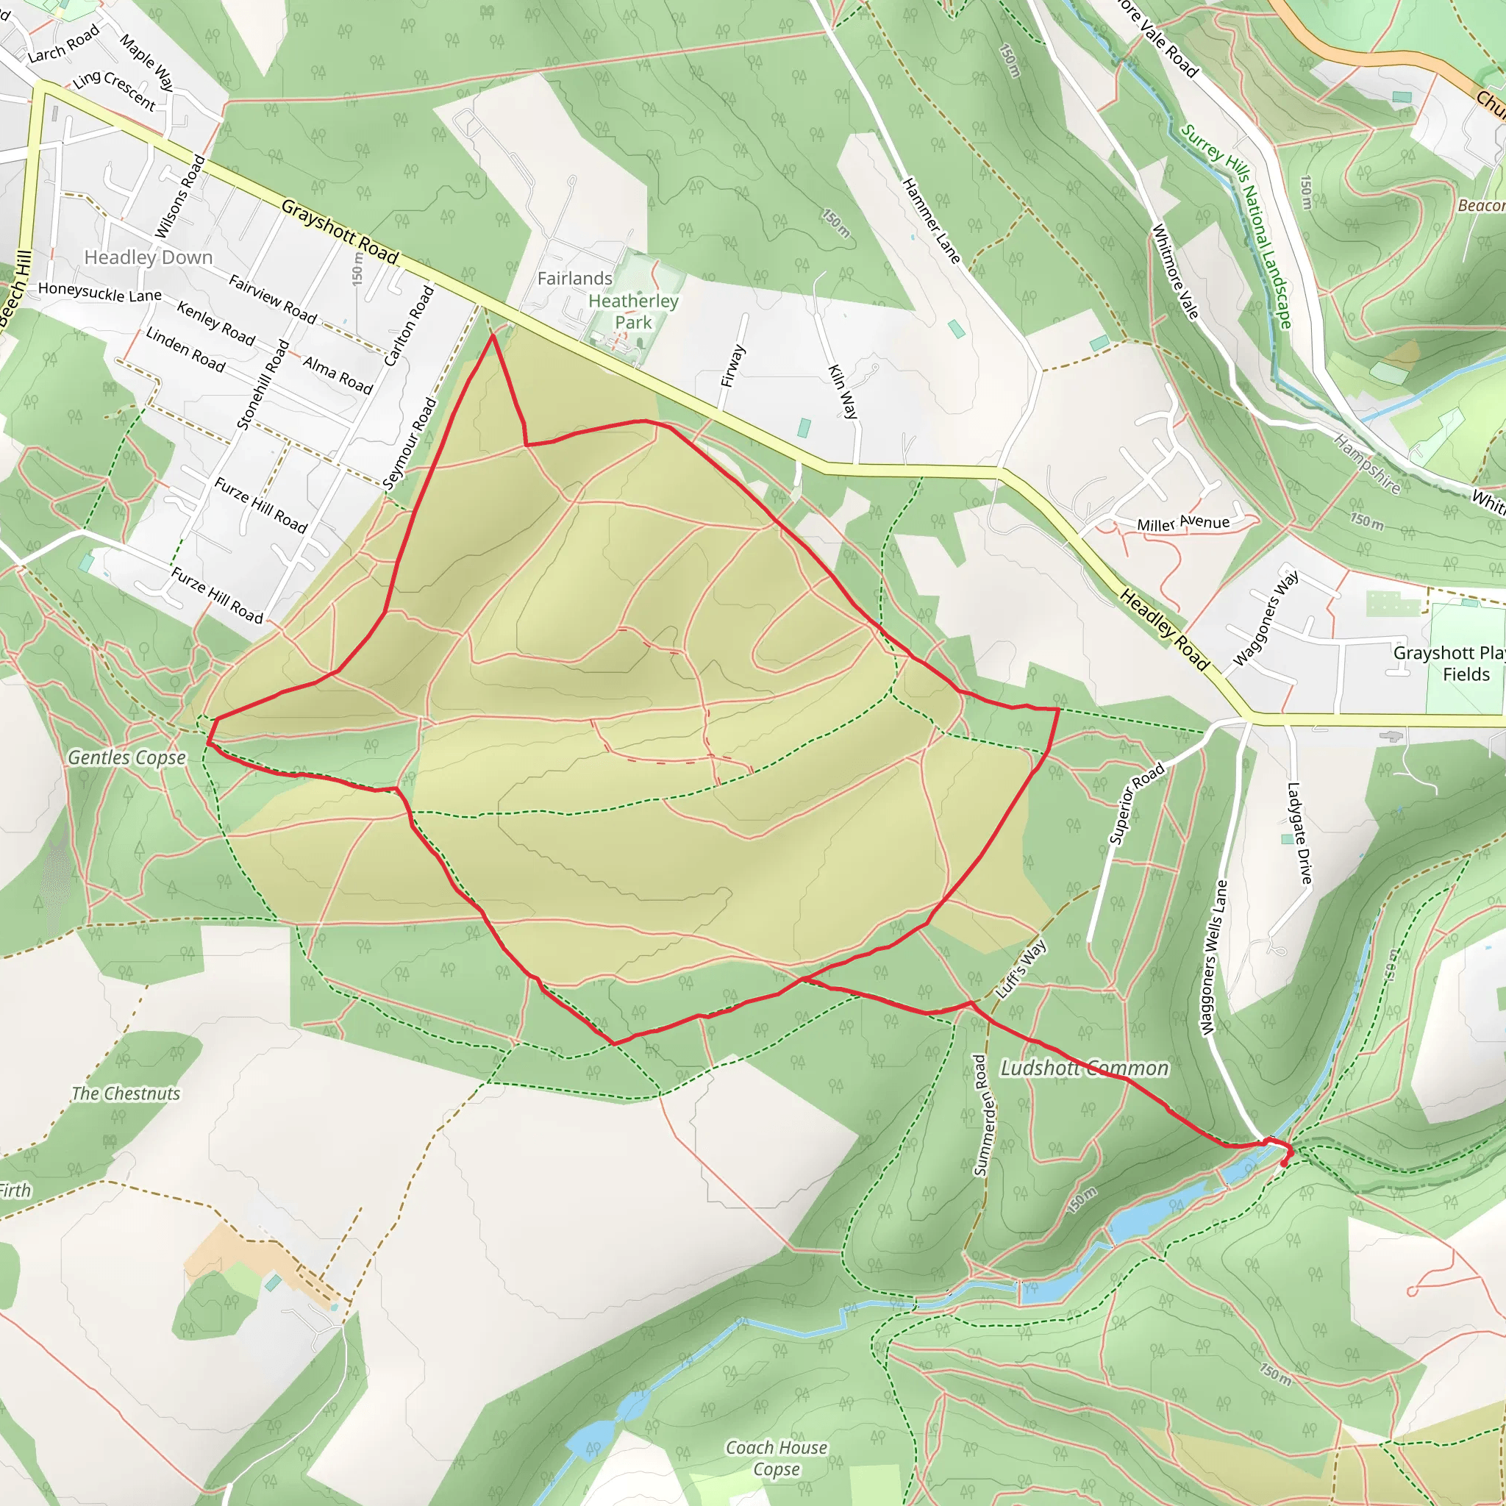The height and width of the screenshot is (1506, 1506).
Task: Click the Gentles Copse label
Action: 127,757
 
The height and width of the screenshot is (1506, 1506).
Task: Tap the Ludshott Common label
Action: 1085,1068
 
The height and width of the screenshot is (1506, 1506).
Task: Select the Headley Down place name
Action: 148,257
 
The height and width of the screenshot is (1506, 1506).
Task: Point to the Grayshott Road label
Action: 340,232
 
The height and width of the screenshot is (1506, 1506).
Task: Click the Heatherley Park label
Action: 633,312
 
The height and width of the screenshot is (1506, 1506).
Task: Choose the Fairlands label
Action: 574,278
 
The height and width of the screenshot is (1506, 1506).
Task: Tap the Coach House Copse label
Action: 777,1457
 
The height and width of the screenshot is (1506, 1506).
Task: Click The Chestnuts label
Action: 126,1093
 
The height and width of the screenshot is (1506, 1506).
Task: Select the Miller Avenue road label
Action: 1182,523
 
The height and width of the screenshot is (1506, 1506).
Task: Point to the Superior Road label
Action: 1137,804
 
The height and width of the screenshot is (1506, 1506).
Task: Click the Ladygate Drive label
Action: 1299,833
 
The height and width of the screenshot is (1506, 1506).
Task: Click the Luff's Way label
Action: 1021,970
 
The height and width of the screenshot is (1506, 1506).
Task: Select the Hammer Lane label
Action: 932,221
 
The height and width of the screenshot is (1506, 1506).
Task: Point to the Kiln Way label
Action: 843,391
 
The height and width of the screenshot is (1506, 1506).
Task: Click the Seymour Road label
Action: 410,443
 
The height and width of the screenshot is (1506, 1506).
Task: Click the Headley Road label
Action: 1165,630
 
